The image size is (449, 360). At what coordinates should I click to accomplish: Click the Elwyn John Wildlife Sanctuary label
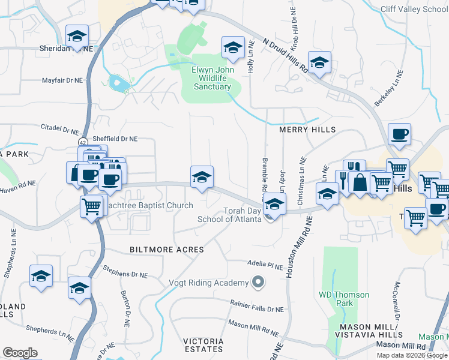tap(211, 78)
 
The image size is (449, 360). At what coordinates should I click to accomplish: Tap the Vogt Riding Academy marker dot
tap(258, 281)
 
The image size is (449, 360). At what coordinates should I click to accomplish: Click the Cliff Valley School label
tap(414, 9)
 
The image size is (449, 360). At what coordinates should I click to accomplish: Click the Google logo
tap(20, 352)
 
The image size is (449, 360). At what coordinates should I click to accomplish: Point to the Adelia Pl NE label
tap(265, 263)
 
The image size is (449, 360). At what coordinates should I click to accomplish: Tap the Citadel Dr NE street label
tap(60, 129)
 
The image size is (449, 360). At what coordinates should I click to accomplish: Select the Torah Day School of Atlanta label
tap(230, 215)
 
